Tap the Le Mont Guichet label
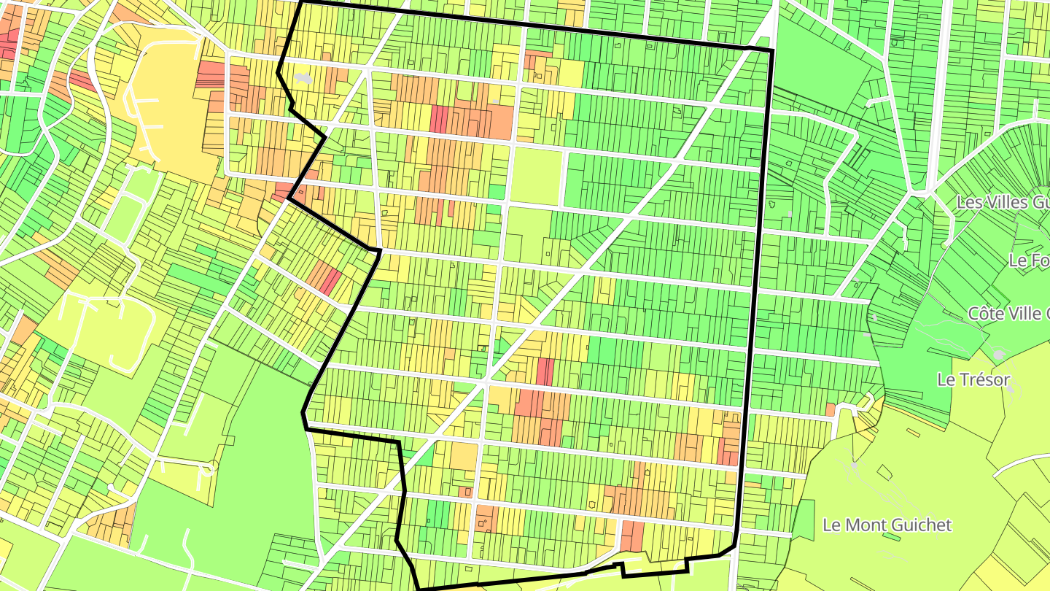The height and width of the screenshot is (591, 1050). (x=887, y=525)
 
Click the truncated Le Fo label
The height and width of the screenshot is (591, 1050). (x=1029, y=260)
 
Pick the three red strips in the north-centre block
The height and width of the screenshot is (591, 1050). (x=439, y=119)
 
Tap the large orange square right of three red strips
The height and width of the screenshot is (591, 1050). (x=501, y=122)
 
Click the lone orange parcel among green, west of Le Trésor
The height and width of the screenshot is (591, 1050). (x=830, y=409)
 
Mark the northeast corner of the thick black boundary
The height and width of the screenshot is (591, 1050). (x=771, y=50)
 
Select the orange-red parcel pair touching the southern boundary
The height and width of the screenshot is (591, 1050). (x=632, y=536)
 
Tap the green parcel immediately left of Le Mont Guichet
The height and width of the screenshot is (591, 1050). (x=804, y=519)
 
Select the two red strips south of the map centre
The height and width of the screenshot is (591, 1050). (x=545, y=371)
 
